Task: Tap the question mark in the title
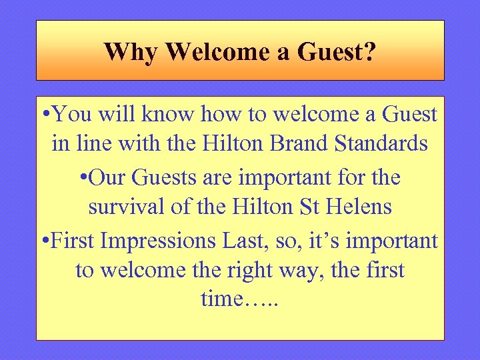click(x=369, y=51)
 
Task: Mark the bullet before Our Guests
click(x=83, y=178)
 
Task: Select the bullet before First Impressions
click(x=45, y=239)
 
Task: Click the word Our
click(x=107, y=178)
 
